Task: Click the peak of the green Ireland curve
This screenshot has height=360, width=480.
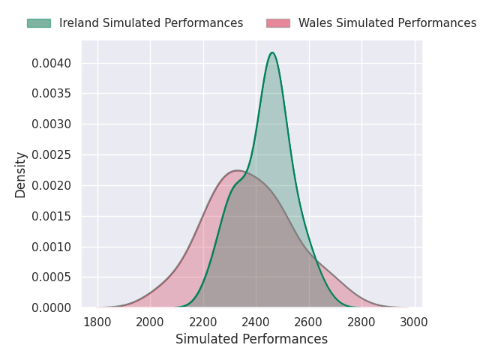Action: tap(272, 52)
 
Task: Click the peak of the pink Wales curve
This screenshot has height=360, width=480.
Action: tap(237, 170)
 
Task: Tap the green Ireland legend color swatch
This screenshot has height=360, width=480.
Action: tap(39, 23)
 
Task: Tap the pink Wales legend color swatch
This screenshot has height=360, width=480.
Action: tap(278, 23)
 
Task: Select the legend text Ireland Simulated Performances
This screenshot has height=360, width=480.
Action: tap(151, 23)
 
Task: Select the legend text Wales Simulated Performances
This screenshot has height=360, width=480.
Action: tap(388, 23)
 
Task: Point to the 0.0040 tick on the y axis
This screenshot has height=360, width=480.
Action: tap(52, 63)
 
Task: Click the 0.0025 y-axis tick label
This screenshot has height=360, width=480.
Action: tap(52, 155)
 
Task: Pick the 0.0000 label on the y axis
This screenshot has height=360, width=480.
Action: tap(52, 307)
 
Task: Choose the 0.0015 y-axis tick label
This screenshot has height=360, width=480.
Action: tap(52, 216)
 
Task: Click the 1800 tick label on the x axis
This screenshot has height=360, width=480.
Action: tap(97, 322)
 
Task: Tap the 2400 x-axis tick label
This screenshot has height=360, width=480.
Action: tap(256, 322)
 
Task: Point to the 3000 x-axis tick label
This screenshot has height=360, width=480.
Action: tap(414, 322)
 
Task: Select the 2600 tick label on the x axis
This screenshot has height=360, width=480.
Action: tap(308, 322)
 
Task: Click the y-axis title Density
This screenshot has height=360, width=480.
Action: tap(20, 175)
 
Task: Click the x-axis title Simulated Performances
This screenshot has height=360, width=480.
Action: tap(252, 339)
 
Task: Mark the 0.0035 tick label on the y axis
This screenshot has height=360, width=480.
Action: tap(52, 93)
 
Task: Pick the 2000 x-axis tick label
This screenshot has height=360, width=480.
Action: tap(150, 322)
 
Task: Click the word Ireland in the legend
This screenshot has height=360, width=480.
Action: tap(79, 23)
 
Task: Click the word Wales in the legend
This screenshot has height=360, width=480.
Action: tap(315, 23)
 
